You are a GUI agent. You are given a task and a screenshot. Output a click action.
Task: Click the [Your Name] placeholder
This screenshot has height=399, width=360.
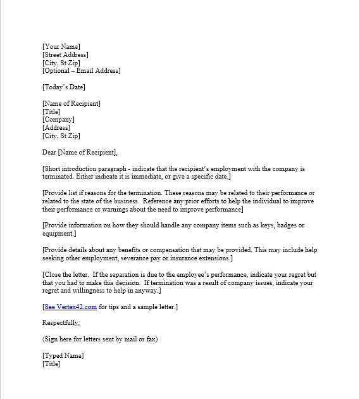(x=61, y=46)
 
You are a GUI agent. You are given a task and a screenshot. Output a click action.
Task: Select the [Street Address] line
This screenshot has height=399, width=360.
(x=65, y=54)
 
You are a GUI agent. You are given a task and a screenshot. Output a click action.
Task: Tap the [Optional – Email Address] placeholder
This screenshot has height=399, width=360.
(x=81, y=70)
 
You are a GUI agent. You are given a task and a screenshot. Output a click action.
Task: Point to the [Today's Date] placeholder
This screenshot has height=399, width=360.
(x=63, y=87)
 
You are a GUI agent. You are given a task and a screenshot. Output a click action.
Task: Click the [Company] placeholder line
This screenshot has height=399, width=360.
(x=58, y=119)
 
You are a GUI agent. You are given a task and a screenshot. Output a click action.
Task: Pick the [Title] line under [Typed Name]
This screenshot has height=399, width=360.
(x=51, y=364)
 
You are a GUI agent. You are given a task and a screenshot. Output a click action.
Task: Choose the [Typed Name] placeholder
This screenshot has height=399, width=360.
(x=63, y=355)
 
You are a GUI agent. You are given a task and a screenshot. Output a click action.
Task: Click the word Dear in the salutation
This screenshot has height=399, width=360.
(x=49, y=152)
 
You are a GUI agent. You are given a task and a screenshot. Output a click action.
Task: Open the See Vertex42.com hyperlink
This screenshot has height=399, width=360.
(x=70, y=307)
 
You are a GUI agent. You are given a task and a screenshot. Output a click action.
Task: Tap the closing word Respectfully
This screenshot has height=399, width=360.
(x=61, y=323)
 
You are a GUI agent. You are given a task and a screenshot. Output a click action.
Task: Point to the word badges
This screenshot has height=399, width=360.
(x=281, y=225)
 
